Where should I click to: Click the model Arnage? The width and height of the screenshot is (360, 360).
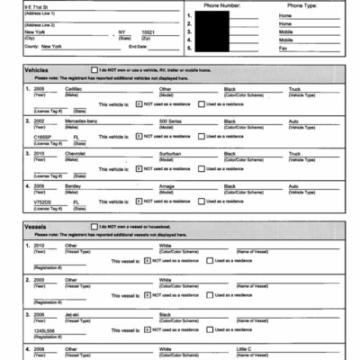(x=168, y=185)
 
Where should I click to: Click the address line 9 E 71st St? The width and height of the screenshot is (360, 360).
(x=19, y=5)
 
